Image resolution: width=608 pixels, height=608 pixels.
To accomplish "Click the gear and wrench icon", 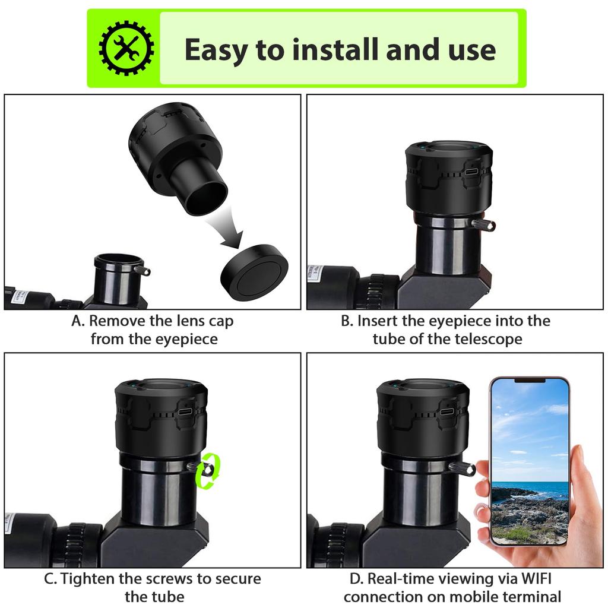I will [125, 49].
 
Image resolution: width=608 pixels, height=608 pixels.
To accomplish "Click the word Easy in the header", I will [216, 50].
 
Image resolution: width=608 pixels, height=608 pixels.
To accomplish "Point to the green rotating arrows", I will [210, 471].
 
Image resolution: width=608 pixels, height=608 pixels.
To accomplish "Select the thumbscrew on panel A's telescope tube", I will [142, 271].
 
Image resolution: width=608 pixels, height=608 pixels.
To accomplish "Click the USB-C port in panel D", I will [447, 411].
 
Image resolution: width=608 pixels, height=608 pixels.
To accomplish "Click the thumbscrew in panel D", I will [462, 468].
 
